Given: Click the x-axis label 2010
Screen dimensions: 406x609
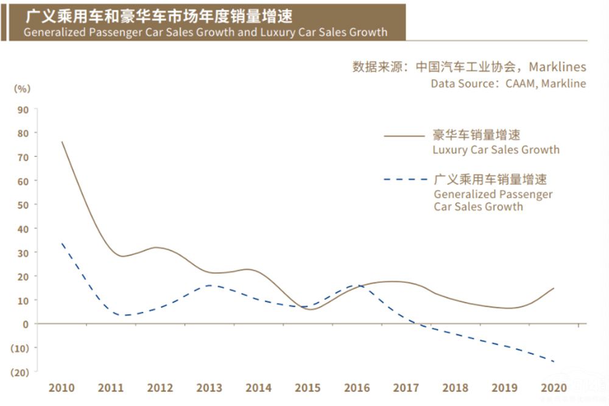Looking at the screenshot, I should (x=62, y=388).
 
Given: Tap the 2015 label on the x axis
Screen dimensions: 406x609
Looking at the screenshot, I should (x=308, y=388).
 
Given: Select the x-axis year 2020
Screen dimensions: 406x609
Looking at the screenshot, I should (x=553, y=388).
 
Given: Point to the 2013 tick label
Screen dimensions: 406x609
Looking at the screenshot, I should (x=209, y=388).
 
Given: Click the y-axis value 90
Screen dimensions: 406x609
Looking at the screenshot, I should (x=23, y=110).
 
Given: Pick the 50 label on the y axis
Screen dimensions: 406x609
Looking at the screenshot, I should (x=23, y=205).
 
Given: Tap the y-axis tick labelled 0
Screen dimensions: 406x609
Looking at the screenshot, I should (x=26, y=324).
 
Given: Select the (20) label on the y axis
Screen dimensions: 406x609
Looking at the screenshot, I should (x=21, y=372).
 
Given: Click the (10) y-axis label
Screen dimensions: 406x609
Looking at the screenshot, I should (x=21, y=348).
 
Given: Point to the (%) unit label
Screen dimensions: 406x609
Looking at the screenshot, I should (x=21, y=88).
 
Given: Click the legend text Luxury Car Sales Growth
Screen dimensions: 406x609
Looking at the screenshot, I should (x=496, y=150).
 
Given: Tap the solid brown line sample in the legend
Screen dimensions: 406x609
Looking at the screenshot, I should (x=403, y=136).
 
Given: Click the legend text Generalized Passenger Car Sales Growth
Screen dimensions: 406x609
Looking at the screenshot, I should (x=493, y=200).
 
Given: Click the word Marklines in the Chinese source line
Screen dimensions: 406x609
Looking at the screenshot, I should (x=557, y=66).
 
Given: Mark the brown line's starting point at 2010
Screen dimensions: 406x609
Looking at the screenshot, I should (x=62, y=142).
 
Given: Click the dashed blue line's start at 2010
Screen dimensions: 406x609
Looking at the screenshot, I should (x=62, y=243).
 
